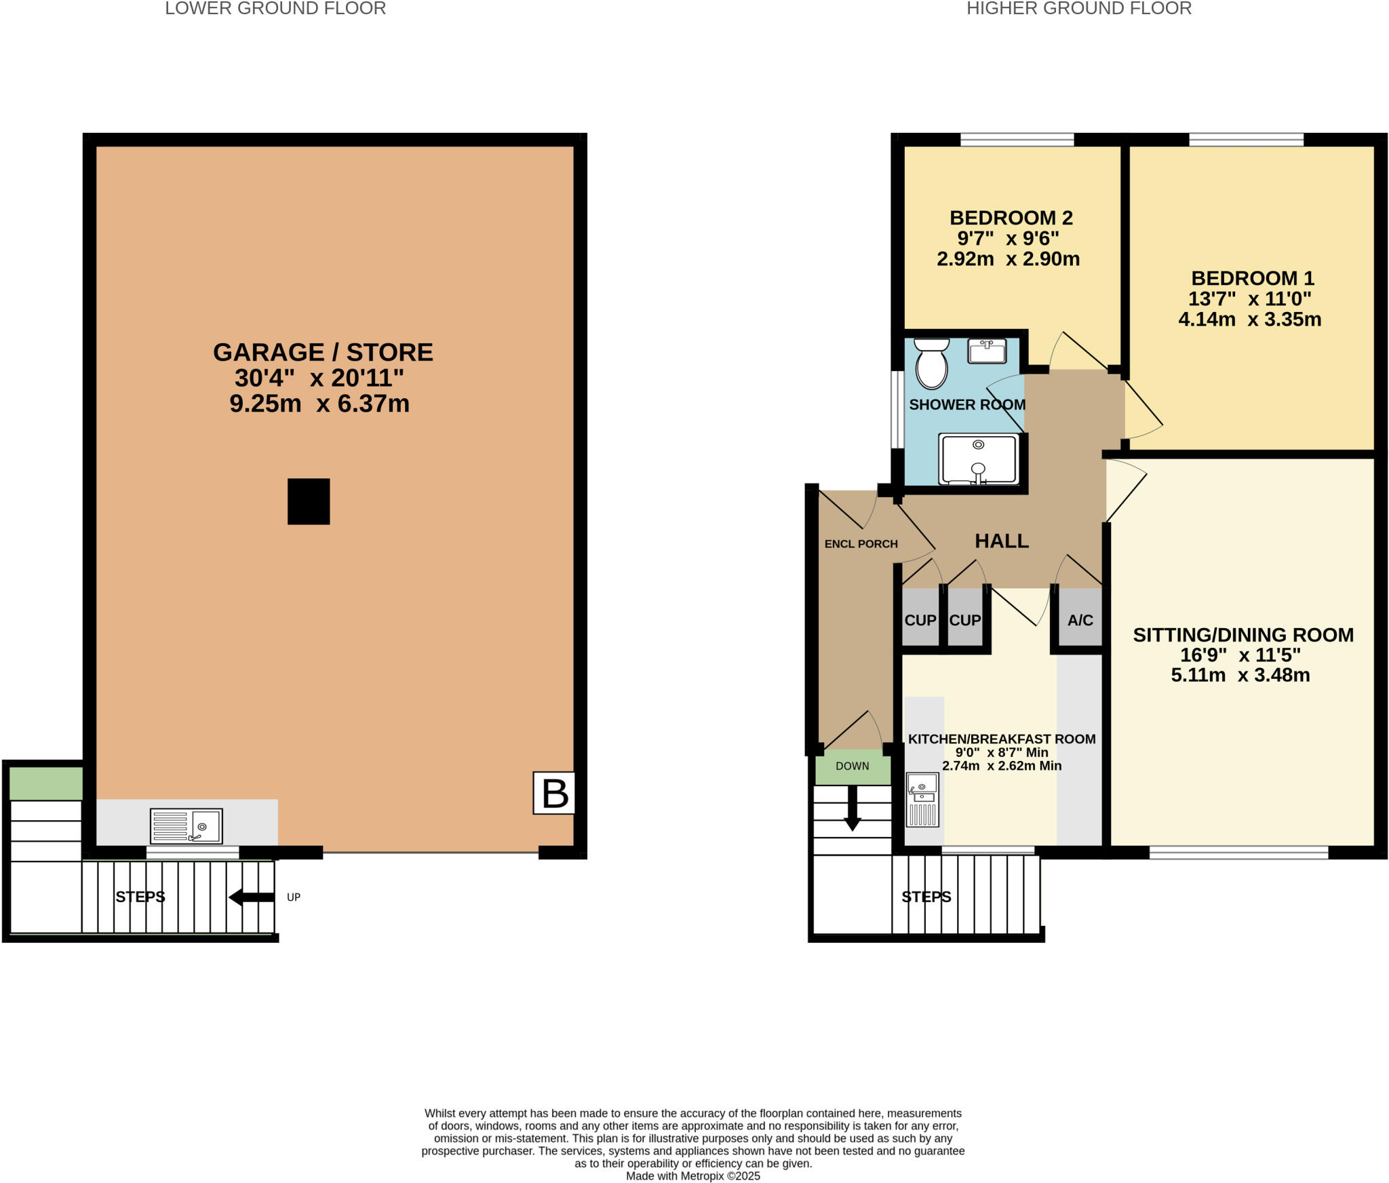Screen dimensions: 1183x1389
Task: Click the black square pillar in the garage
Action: (x=309, y=501)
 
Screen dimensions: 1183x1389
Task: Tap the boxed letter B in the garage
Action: (x=554, y=792)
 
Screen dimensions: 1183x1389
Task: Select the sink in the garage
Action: (x=187, y=826)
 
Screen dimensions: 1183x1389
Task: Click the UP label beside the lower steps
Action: (x=293, y=897)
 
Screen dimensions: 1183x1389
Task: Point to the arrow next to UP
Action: (x=252, y=897)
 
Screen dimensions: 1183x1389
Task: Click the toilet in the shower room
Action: (x=931, y=364)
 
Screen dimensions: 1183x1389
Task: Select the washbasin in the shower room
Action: (x=987, y=351)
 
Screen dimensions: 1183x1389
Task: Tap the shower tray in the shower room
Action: (x=978, y=459)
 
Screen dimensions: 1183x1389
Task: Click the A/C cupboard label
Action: (x=1080, y=620)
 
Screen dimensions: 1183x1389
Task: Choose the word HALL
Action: (x=1002, y=541)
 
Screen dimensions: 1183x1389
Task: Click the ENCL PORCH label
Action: (x=861, y=544)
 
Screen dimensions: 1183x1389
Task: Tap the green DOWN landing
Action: (x=853, y=767)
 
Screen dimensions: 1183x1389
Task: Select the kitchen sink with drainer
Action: (x=922, y=800)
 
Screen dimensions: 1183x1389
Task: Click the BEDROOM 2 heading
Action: (x=1011, y=218)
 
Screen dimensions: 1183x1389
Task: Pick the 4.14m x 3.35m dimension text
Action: (x=1249, y=319)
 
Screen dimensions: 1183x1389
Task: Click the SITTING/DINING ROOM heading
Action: (x=1243, y=635)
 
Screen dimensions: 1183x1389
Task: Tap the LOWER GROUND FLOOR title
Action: (x=275, y=9)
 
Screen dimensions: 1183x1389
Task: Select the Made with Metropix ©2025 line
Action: (x=692, y=1176)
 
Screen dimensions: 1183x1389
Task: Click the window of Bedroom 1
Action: (x=1246, y=140)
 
